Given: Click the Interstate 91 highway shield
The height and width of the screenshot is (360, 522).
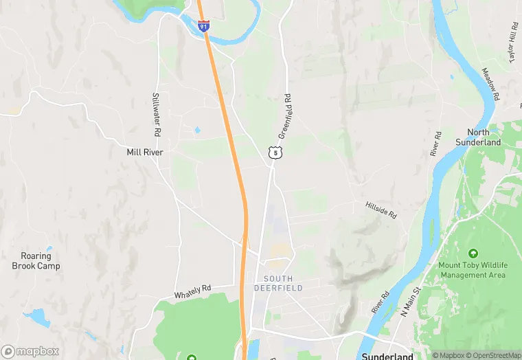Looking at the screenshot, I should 203,26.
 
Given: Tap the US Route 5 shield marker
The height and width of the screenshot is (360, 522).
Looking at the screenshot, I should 274,153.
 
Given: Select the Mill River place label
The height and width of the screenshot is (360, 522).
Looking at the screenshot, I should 145,152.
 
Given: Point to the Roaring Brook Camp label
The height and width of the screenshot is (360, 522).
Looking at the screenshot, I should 36,261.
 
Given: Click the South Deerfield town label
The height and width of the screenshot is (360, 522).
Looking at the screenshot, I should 283,283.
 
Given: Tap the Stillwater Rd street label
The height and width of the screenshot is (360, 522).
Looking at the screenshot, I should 157,113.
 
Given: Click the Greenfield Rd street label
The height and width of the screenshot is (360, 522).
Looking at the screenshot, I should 286,117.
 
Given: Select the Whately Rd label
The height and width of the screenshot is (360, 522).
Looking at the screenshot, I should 192,291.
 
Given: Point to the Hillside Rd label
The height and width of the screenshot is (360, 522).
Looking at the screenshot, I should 381,210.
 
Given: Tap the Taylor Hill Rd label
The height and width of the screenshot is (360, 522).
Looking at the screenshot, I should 512,41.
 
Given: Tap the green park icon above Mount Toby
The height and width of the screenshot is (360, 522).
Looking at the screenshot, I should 473,254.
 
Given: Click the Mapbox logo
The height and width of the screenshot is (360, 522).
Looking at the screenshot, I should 30,351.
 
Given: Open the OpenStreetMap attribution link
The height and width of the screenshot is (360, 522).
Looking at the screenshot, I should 492,355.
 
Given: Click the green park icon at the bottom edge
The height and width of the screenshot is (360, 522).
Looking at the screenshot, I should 192,357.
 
